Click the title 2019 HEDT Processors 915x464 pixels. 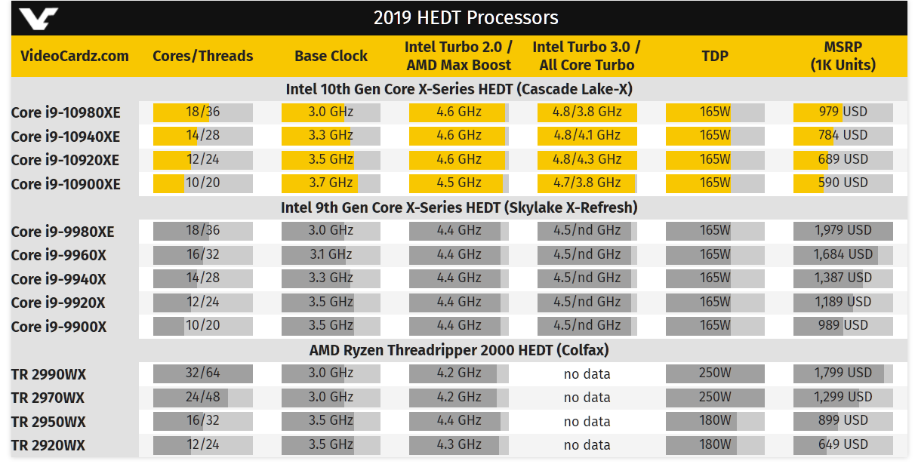point(466,17)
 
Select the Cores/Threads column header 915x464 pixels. point(202,56)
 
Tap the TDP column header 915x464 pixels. point(714,56)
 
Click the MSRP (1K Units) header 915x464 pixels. point(843,56)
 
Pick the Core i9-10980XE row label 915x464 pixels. point(66,113)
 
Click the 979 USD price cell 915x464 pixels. point(843,112)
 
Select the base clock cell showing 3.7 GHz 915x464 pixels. point(331,183)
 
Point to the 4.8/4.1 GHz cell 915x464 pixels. point(587,135)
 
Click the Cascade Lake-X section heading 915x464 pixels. point(458,89)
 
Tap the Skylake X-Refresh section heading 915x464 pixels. point(458,207)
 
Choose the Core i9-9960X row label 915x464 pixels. point(59,255)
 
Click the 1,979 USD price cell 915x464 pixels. point(843,230)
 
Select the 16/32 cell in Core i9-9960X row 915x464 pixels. point(202,254)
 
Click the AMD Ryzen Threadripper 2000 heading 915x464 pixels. point(458,350)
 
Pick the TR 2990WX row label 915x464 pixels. point(49,374)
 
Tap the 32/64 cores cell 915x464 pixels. point(202,373)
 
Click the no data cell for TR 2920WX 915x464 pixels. point(587,444)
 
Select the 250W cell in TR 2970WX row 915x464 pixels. point(714,397)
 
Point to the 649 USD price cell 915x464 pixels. point(843,444)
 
